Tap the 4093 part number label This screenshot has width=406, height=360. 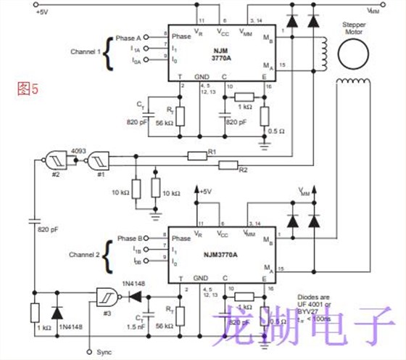(x=78, y=152)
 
